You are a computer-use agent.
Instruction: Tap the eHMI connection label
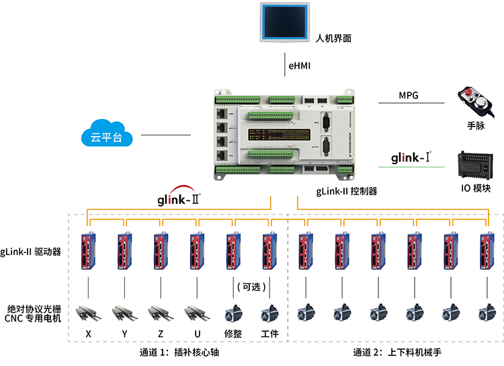(300, 65)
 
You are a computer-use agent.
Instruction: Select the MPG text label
(409, 96)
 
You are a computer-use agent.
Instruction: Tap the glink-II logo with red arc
(179, 198)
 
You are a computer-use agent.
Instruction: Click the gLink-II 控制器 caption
(347, 191)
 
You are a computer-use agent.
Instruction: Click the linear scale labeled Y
(124, 312)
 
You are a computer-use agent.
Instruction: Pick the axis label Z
(161, 334)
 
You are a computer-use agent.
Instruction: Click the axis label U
(197, 334)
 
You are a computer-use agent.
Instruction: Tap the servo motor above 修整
(233, 313)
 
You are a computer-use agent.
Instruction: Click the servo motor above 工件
(269, 313)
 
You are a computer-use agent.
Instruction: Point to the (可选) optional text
(252, 287)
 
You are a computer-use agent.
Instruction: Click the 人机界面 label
(333, 38)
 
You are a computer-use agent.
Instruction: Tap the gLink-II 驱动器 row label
(31, 252)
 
